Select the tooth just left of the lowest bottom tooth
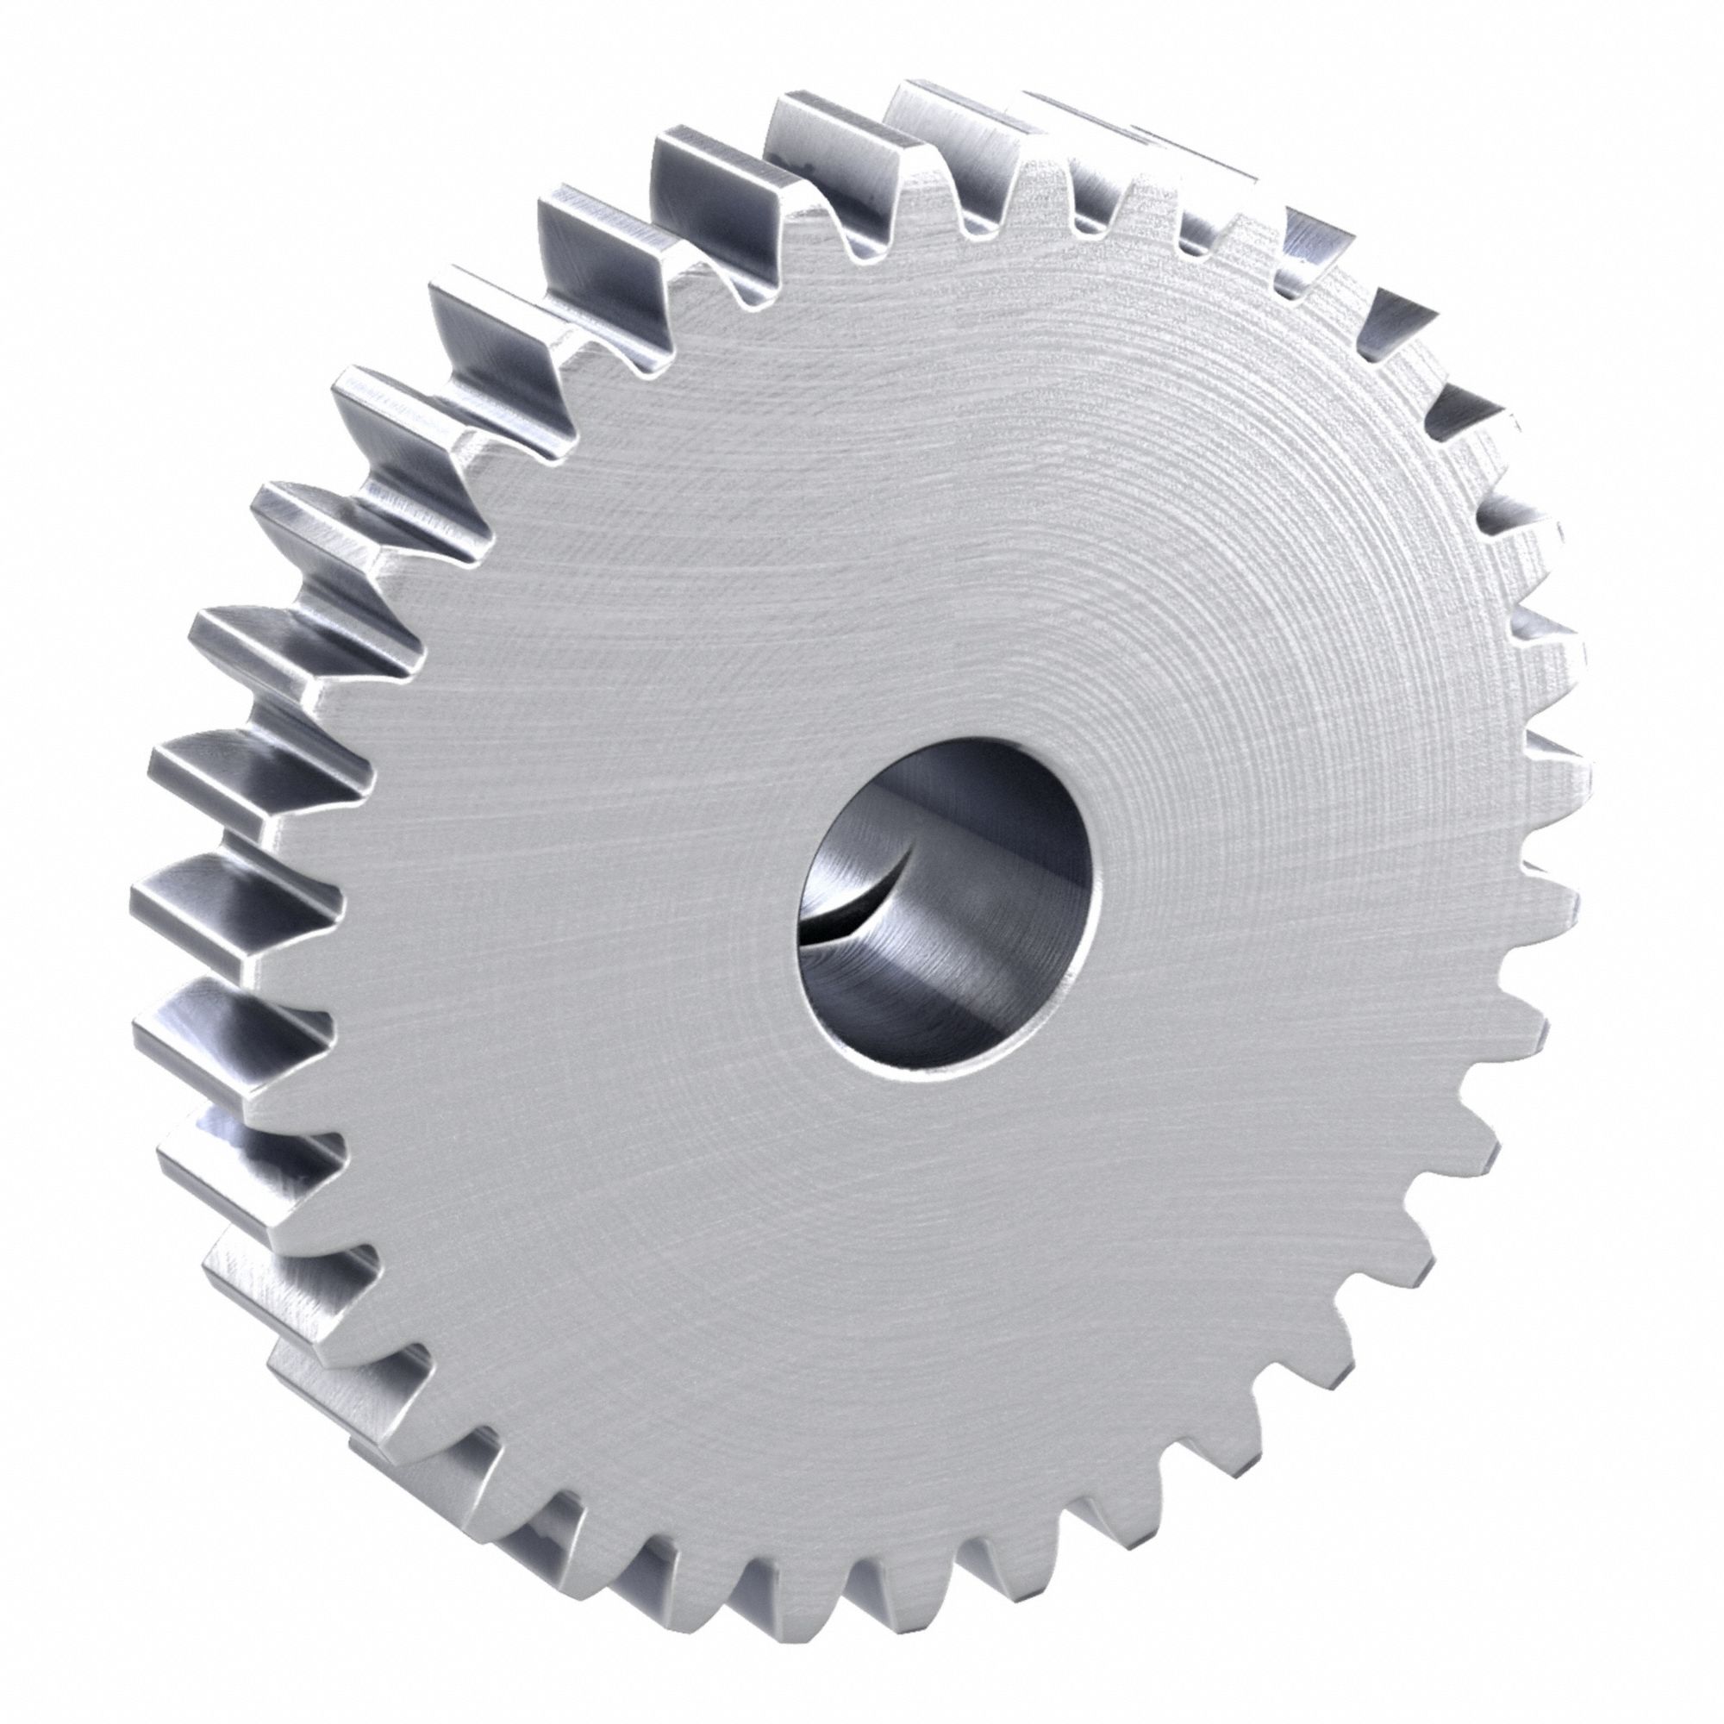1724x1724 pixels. click(x=785, y=1597)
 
